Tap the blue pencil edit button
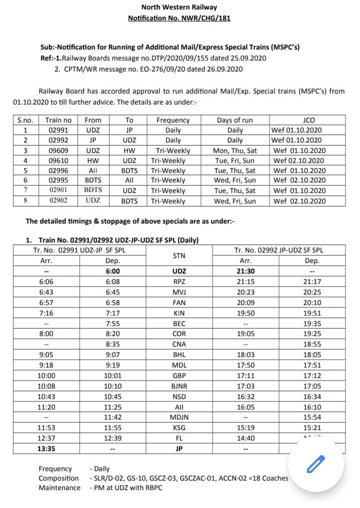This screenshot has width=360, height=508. pos(316,465)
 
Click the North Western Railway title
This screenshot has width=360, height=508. pos(179,7)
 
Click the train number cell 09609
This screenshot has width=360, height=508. pos(58,150)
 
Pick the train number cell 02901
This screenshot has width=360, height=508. pos(58,190)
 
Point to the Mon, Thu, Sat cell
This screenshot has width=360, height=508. pos(234,150)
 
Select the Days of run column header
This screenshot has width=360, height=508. pos(234,120)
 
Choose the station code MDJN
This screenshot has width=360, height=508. pos(178,417)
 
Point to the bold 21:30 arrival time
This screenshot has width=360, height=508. pos(245,271)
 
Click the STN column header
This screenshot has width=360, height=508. pos(178,255)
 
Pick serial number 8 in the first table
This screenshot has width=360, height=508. pos(24,201)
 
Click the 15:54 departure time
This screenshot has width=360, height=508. pos(312,417)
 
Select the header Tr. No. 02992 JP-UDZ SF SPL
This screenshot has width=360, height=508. pos(278,250)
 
